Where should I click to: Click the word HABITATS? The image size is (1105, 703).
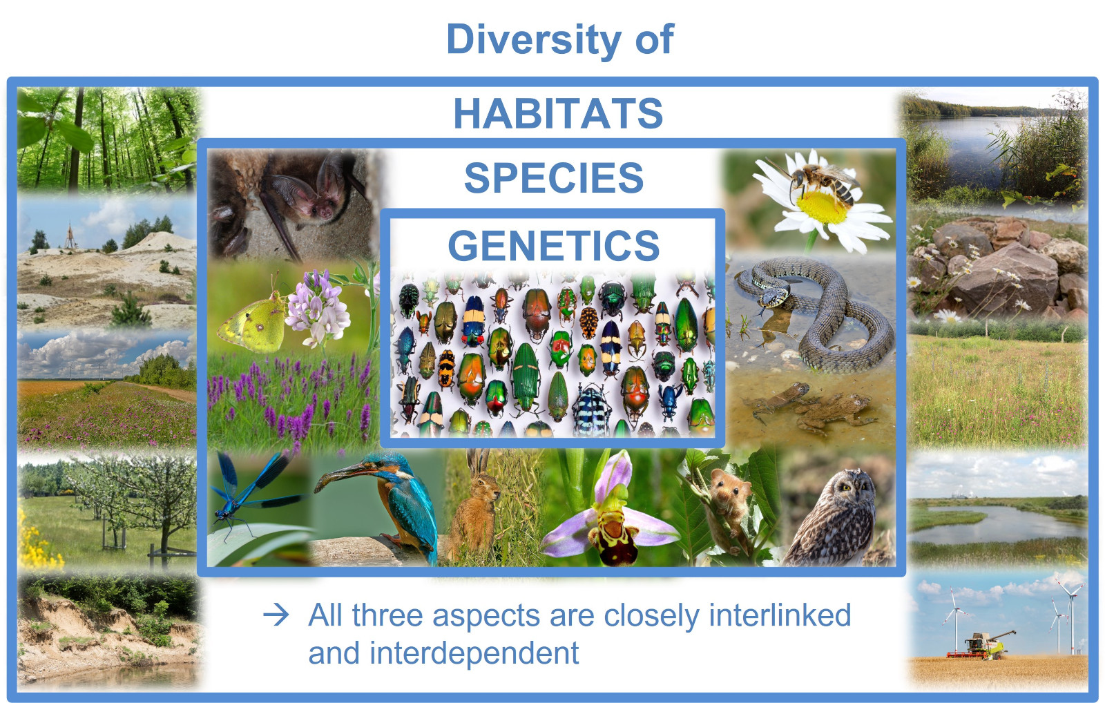coord(558,113)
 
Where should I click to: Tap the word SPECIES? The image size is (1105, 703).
coord(554,178)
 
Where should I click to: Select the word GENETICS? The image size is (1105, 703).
coord(553,246)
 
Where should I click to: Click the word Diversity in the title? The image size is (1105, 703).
coord(532,41)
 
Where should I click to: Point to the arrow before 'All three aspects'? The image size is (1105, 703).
coord(276,615)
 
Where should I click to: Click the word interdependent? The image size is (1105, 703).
coord(474,653)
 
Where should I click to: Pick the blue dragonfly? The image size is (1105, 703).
coord(251,493)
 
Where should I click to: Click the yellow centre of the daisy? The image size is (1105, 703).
coord(821,207)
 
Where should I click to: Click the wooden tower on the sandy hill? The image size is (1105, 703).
coord(70,237)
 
